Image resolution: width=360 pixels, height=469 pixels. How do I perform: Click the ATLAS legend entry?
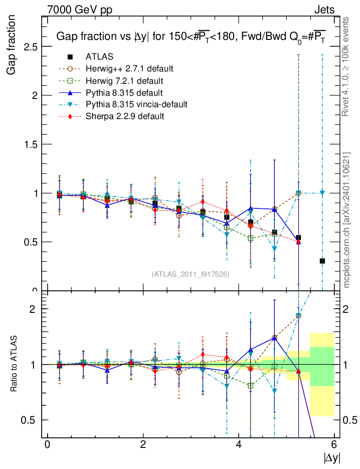pos(99,57)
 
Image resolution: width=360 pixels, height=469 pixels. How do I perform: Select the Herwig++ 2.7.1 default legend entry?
pos(129,69)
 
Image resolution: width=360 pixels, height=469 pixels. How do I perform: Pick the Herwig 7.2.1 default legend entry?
pos(124,81)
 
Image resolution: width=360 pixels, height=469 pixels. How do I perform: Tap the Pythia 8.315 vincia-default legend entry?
pos(136,104)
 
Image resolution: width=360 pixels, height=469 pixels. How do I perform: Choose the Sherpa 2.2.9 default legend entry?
pos(125,116)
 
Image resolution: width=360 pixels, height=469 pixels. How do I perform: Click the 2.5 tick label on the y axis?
pos(29,47)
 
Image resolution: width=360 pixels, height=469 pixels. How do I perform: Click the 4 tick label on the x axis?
pos(239,445)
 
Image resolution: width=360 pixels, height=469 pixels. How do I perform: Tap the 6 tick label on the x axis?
pos(334,445)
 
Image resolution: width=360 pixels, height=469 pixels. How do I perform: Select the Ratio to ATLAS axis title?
pos(14,365)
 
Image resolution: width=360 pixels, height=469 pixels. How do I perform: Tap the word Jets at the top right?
pos(324,9)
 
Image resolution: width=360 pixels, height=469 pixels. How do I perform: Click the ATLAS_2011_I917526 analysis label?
pos(191,274)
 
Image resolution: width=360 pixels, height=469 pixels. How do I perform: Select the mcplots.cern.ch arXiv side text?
pos(347,220)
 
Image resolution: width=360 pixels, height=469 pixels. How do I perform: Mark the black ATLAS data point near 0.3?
pos(322,261)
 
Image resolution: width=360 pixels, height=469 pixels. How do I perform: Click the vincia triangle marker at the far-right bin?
pos(322,193)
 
